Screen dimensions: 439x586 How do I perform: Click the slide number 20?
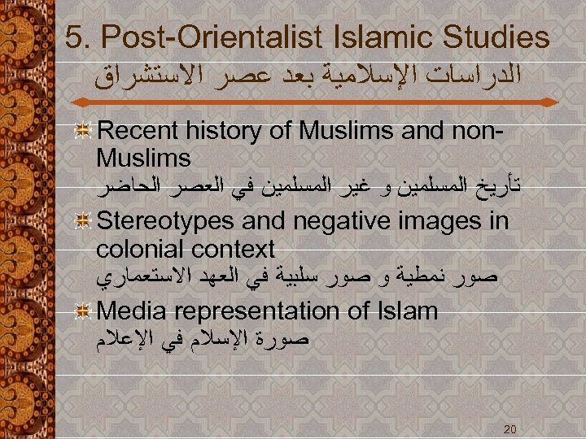pos(510,428)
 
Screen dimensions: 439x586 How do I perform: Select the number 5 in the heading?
pos(72,37)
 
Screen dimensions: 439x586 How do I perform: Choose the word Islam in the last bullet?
pos(409,311)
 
